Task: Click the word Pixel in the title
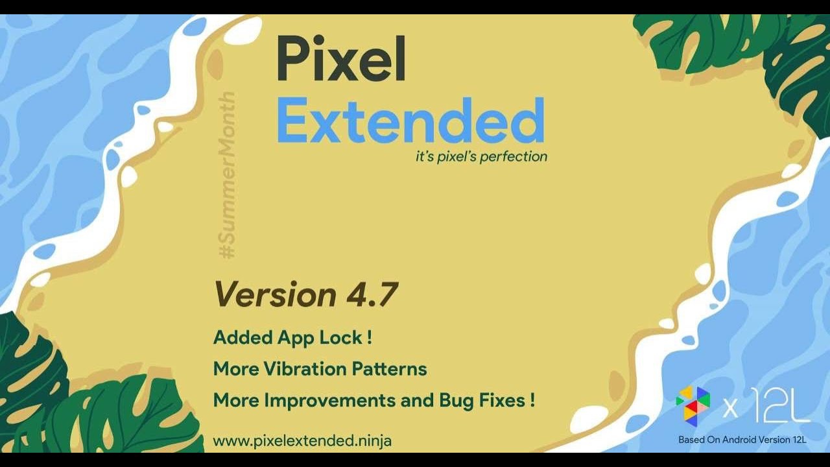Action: pyautogui.click(x=341, y=59)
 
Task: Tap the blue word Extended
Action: pyautogui.click(x=410, y=121)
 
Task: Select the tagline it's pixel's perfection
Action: pyautogui.click(x=481, y=156)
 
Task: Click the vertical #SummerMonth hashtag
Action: pyautogui.click(x=228, y=176)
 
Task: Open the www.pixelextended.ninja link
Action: pyautogui.click(x=302, y=441)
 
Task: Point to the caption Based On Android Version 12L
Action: pyautogui.click(x=742, y=440)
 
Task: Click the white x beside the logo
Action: pyautogui.click(x=730, y=409)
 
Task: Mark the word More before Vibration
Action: pyautogui.click(x=236, y=369)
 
